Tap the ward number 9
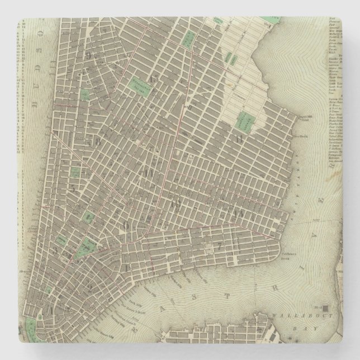(x=89, y=56)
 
